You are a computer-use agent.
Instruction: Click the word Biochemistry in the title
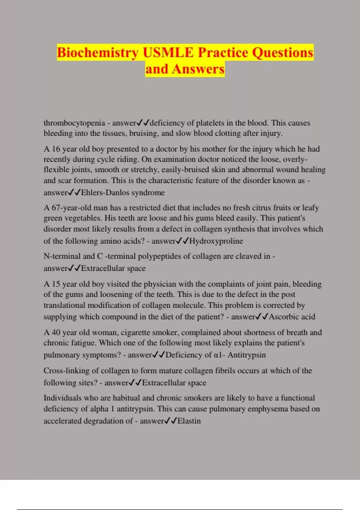tap(97, 53)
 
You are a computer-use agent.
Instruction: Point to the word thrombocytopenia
tap(74, 123)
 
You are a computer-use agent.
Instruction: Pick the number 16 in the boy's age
tap(56, 149)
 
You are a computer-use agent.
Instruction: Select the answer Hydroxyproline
tap(216, 241)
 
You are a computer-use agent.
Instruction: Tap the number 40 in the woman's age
tap(56, 333)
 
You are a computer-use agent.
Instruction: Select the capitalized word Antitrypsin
tap(247, 355)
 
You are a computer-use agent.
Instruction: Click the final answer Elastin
tap(189, 421)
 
